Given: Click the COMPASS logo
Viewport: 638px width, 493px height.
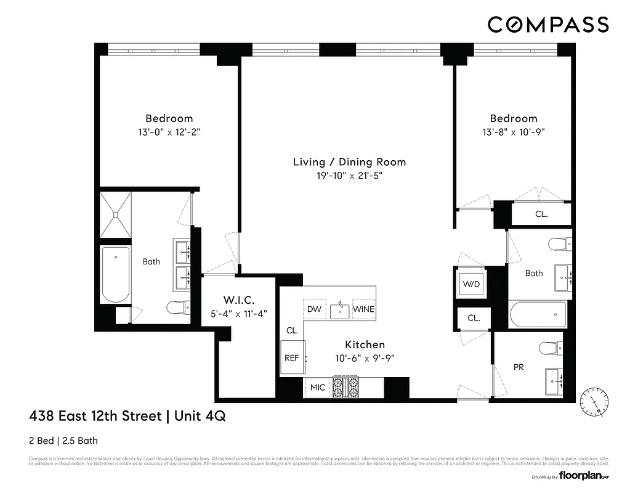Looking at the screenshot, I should tap(548, 25).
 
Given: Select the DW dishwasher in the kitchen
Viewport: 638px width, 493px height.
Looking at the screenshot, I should tap(314, 309).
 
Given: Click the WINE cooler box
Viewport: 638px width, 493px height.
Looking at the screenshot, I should tap(363, 309).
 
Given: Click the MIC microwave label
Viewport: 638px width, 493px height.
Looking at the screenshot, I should tap(318, 388).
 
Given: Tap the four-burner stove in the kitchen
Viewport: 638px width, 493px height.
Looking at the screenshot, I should tap(346, 386).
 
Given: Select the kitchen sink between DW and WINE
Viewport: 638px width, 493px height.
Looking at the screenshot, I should tap(339, 310).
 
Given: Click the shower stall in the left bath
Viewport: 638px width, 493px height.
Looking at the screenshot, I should tap(116, 214).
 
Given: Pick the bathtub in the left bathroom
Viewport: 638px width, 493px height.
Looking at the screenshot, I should tap(116, 274).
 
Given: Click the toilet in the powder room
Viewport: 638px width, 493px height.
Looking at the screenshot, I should tap(548, 348).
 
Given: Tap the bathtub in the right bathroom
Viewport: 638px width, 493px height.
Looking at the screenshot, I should tap(538, 316).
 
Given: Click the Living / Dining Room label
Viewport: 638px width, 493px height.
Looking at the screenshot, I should tap(349, 162).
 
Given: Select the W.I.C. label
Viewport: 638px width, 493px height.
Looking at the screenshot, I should tap(239, 300).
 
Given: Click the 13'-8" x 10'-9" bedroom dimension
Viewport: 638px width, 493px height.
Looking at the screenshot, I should tap(514, 132).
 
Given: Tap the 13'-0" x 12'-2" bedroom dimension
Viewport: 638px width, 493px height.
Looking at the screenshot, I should tap(169, 132).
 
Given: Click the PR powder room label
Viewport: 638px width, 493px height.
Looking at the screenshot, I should tap(519, 367).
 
